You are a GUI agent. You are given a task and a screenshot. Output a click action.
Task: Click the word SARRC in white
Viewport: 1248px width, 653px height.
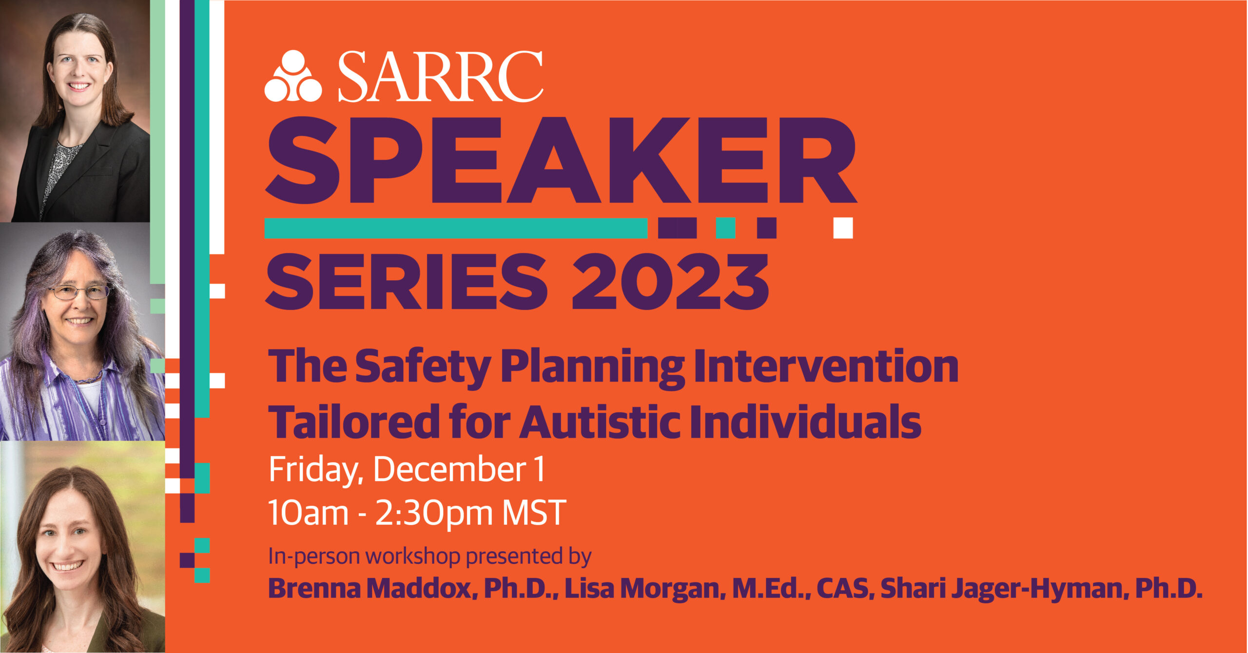point(440,77)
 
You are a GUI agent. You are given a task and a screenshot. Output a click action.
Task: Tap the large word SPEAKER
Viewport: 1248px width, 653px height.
point(561,161)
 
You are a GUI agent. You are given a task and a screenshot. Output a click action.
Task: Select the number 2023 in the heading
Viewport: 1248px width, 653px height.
point(670,282)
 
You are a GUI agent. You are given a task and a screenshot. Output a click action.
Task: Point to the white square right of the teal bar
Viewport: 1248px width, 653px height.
point(843,228)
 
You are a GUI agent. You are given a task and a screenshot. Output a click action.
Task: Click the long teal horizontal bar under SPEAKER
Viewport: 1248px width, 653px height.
point(456,228)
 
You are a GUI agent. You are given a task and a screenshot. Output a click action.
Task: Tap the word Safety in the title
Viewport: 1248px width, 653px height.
point(423,366)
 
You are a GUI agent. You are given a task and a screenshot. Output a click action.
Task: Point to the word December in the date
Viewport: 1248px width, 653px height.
point(449,470)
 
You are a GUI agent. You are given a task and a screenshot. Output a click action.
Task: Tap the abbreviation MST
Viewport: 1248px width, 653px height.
point(534,513)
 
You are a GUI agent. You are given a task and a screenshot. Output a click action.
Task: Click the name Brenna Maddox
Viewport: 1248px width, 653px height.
point(370,588)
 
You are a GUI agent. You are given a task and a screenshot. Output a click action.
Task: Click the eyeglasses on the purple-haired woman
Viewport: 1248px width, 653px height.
point(79,292)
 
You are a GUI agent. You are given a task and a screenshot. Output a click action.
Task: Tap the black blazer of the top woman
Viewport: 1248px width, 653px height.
point(117,180)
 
